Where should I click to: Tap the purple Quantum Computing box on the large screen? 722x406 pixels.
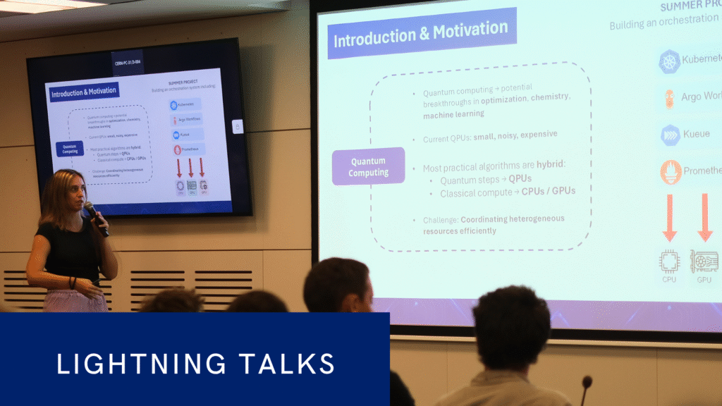pos(368,166)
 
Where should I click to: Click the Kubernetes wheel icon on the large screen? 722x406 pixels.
pos(669,61)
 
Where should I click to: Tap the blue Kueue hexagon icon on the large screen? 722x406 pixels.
pos(669,135)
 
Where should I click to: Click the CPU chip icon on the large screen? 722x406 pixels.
pos(669,262)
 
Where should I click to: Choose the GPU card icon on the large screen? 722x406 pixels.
pos(704,262)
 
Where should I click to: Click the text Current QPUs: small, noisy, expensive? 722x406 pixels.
pos(489,134)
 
